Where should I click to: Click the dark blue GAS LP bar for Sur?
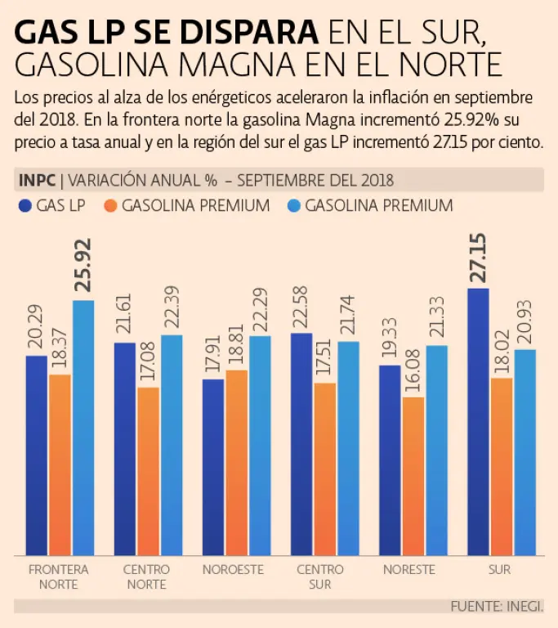pos(478,421)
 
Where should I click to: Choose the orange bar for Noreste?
pos(413,475)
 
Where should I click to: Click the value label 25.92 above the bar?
pos(83,265)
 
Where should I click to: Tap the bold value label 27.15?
pos(479,257)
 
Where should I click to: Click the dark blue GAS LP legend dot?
pos(24,205)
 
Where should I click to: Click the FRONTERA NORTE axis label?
pos(58,576)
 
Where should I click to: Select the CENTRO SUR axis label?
pos(320,576)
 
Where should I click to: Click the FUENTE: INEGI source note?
pos(497,606)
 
